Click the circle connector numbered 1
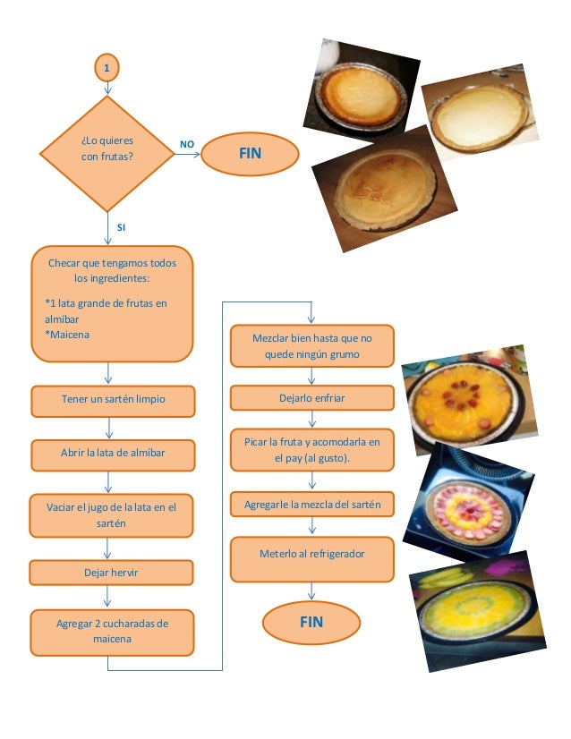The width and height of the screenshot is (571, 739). tap(107, 67)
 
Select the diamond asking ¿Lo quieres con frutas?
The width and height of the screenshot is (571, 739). tap(107, 154)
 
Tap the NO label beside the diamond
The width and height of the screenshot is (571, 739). tap(187, 144)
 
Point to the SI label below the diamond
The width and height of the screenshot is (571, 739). tap(121, 227)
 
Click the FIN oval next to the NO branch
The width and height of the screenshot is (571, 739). tap(250, 154)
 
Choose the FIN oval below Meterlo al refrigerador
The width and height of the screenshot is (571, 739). tap(311, 622)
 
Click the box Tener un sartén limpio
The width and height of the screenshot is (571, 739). tap(113, 401)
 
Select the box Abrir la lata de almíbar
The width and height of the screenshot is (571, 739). tap(113, 455)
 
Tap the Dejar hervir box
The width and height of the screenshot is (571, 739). tap(111, 573)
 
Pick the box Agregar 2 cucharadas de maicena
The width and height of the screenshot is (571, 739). tap(112, 633)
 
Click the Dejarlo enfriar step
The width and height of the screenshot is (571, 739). tap(312, 398)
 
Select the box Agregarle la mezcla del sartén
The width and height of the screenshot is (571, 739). tap(312, 505)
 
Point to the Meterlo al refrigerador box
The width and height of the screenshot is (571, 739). tap(312, 559)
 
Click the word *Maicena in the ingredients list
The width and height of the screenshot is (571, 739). tap(67, 335)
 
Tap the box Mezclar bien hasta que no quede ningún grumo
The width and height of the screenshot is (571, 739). tap(312, 346)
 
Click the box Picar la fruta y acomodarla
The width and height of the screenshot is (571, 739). tap(312, 450)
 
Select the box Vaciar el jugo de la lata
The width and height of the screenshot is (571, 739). tap(111, 515)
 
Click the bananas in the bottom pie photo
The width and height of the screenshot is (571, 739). tap(445, 578)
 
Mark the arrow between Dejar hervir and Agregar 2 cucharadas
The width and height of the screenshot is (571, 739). tap(107, 596)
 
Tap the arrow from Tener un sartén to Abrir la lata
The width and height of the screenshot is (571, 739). tap(109, 428)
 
